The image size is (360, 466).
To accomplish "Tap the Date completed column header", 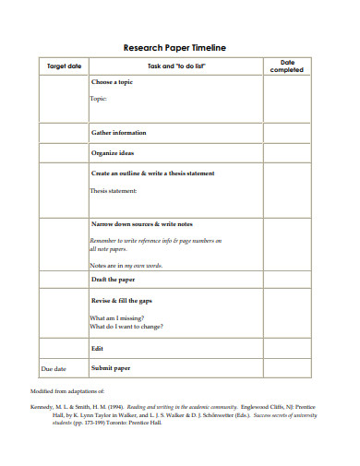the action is pyautogui.click(x=285, y=66).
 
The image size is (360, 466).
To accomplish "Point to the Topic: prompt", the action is pyautogui.click(x=99, y=98).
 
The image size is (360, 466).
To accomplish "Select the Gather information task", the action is pyautogui.click(x=118, y=133).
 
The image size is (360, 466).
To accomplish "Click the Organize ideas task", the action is pyautogui.click(x=112, y=152).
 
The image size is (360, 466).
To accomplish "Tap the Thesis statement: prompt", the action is pyautogui.click(x=114, y=191).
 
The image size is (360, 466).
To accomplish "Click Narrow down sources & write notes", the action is pyautogui.click(x=141, y=224).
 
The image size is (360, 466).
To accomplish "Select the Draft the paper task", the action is pyautogui.click(x=113, y=279).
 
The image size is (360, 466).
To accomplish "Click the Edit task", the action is pyautogui.click(x=97, y=349).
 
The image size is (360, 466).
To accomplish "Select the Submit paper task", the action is pyautogui.click(x=110, y=369).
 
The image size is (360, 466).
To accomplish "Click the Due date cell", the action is pyautogui.click(x=54, y=369).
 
